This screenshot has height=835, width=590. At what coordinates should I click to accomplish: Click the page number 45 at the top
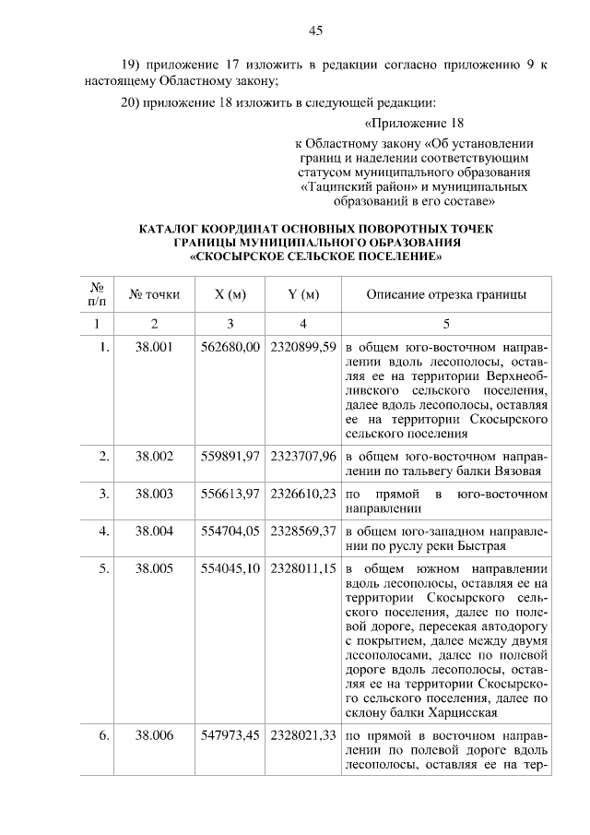(315, 30)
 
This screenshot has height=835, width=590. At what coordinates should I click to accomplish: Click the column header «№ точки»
(155, 295)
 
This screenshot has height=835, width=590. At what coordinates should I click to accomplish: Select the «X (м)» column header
(230, 295)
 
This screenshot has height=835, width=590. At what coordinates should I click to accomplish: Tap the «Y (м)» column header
(303, 295)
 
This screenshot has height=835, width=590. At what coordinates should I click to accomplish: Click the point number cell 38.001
(155, 348)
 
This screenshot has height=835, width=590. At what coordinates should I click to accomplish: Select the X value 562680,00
(230, 348)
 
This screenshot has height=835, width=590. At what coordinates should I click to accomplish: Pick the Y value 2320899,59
(303, 348)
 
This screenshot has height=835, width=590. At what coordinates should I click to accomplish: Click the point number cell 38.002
(155, 456)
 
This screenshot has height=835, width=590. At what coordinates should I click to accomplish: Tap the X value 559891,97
(230, 456)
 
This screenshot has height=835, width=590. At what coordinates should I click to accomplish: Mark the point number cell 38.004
(155, 531)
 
